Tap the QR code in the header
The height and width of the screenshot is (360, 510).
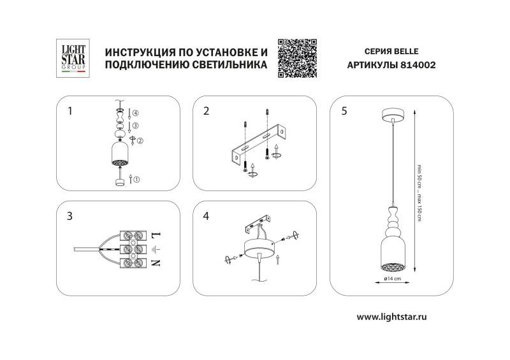point(298,58)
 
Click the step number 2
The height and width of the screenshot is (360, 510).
point(206,111)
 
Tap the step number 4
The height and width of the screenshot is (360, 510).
point(206,215)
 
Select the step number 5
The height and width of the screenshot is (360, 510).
point(344,111)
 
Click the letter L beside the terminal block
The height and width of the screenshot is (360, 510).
point(157,234)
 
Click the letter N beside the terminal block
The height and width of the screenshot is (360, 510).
point(157,262)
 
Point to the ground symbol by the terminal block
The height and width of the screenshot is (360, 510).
point(157,248)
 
